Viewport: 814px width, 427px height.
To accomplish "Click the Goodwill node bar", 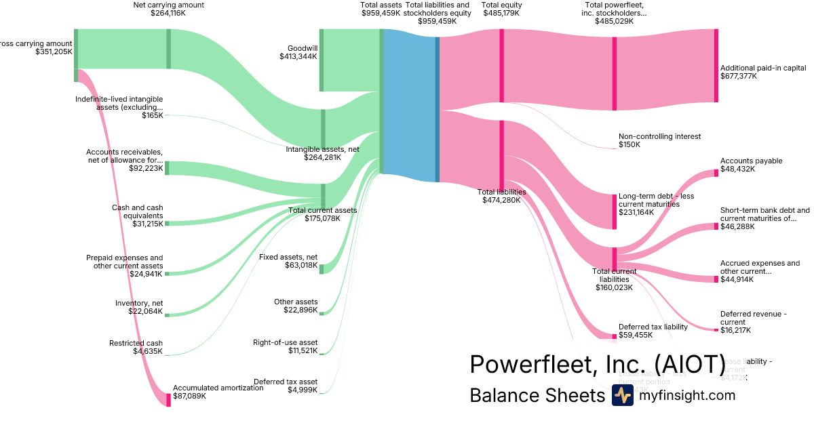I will pyautogui.click(x=322, y=60).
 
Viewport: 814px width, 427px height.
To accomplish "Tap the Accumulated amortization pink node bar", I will pyautogui.click(x=168, y=399).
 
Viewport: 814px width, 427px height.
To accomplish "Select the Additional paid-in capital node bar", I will pyautogui.click(x=716, y=66).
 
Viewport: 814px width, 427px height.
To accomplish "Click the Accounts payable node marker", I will pyautogui.click(x=716, y=173).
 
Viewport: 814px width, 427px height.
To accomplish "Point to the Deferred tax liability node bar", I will pyautogui.click(x=615, y=335).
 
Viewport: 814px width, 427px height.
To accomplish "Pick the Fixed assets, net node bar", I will pyautogui.click(x=322, y=268).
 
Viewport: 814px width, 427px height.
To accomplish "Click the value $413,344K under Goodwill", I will pyautogui.click(x=298, y=57).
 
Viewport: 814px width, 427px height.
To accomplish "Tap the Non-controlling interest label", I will pyautogui.click(x=659, y=136).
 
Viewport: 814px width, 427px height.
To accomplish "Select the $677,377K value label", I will pyautogui.click(x=739, y=77).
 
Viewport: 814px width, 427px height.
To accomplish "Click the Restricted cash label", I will pyautogui.click(x=136, y=343).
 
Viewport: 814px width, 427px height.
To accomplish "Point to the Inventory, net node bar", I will pyautogui.click(x=167, y=315).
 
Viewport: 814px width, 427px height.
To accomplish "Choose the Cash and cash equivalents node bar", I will pyautogui.click(x=167, y=223).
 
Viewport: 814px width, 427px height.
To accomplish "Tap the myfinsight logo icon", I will pyautogui.click(x=622, y=395).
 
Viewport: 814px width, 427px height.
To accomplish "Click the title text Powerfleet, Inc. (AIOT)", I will pyautogui.click(x=598, y=365).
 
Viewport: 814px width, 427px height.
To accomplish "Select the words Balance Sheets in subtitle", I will pyautogui.click(x=537, y=396).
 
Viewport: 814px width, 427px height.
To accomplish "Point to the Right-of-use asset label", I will pyautogui.click(x=285, y=342).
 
